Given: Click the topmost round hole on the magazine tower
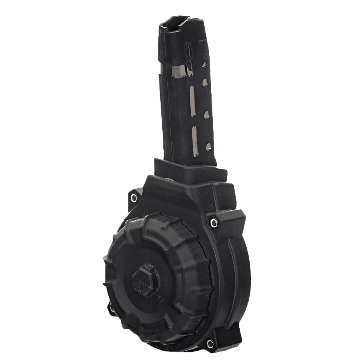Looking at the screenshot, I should pyautogui.click(x=204, y=64).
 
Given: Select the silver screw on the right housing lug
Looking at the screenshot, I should pyautogui.click(x=213, y=221).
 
